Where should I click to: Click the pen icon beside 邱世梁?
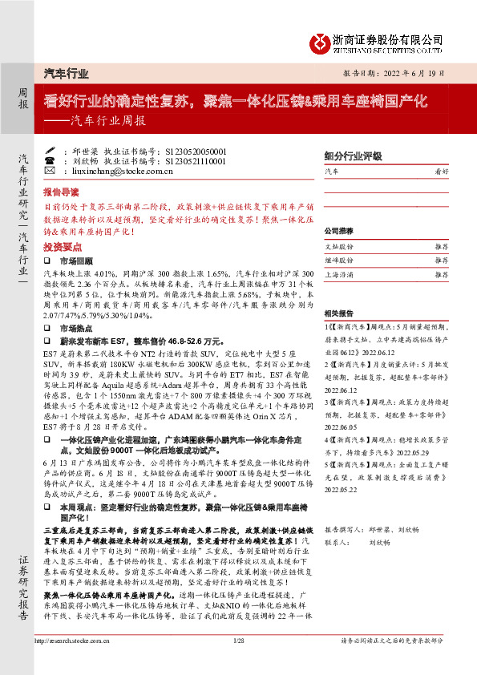pyautogui.click(x=50, y=151)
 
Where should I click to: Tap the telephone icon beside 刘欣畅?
pyautogui.click(x=50, y=160)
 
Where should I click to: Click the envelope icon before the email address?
pyautogui.click(x=50, y=171)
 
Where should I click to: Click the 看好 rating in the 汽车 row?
pyautogui.click(x=440, y=171)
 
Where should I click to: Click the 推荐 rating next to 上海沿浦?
pyautogui.click(x=440, y=274)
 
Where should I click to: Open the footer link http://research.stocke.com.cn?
pyautogui.click(x=76, y=663)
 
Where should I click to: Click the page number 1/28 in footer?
pyautogui.click(x=238, y=663)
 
